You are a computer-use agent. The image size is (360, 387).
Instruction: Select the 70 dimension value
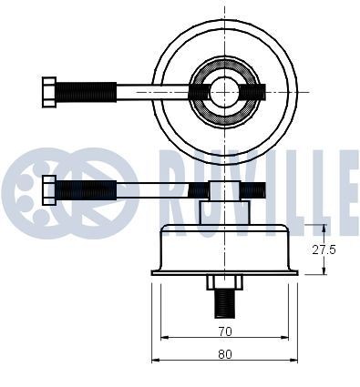tap(225, 321)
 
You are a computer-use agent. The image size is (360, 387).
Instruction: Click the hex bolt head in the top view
tap(49, 92)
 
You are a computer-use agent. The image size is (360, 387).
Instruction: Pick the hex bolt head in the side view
tap(49, 189)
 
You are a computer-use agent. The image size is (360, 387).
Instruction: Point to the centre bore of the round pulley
tap(224, 92)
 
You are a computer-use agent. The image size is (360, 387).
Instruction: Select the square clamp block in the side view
tap(224, 190)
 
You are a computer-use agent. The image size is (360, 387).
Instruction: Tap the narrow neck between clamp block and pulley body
tap(224, 213)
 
